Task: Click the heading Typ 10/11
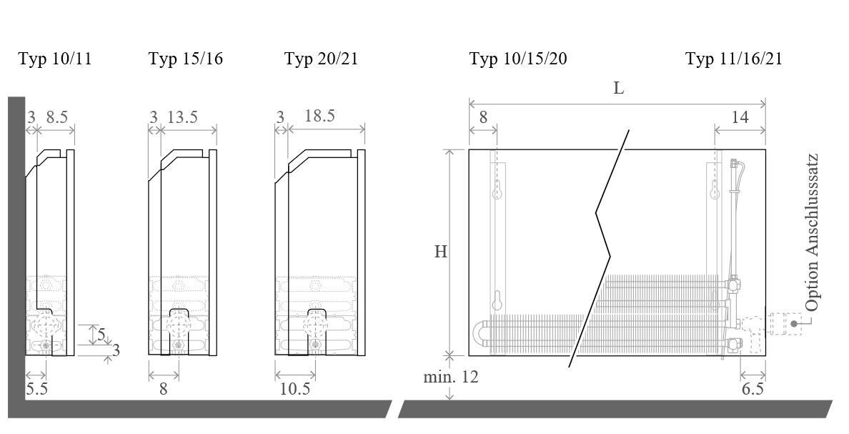(x=55, y=59)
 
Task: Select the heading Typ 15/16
(x=186, y=59)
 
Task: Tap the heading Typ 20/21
(x=322, y=59)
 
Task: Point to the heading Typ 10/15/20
(x=518, y=59)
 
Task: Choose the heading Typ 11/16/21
(x=734, y=59)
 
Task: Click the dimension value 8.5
(x=57, y=117)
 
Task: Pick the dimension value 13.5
(x=182, y=117)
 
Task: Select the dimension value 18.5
(x=320, y=115)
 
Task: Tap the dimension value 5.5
(x=37, y=388)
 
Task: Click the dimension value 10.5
(x=295, y=388)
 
